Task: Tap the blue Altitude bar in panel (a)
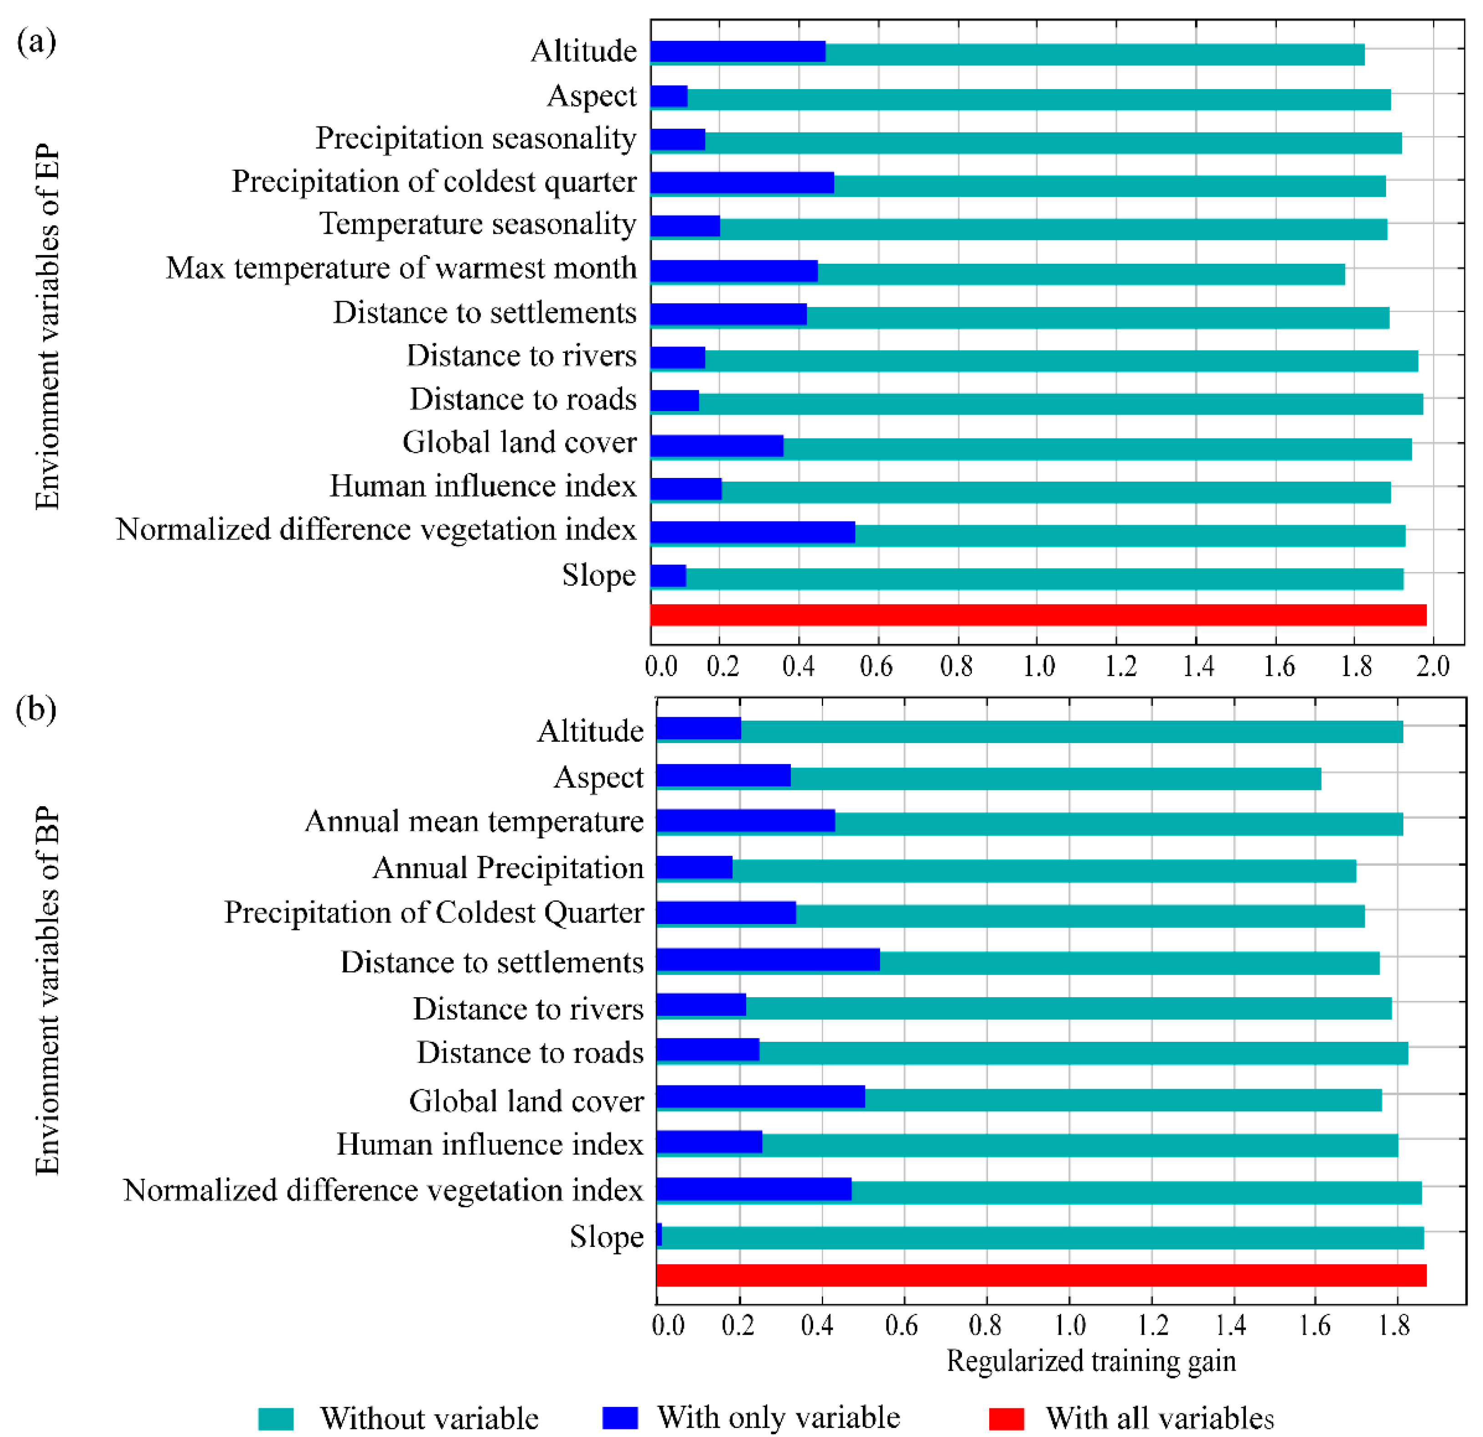coord(738,51)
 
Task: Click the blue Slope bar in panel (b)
coord(659,1234)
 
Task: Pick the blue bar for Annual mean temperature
coord(745,821)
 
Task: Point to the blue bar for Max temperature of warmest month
coord(734,270)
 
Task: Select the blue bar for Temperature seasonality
coord(685,226)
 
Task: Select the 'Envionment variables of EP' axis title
coord(47,327)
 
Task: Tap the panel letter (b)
coord(35,709)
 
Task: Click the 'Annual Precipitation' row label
coord(508,868)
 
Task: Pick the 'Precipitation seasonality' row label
coord(476,138)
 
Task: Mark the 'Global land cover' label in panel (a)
coord(519,442)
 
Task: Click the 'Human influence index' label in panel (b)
coord(490,1144)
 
